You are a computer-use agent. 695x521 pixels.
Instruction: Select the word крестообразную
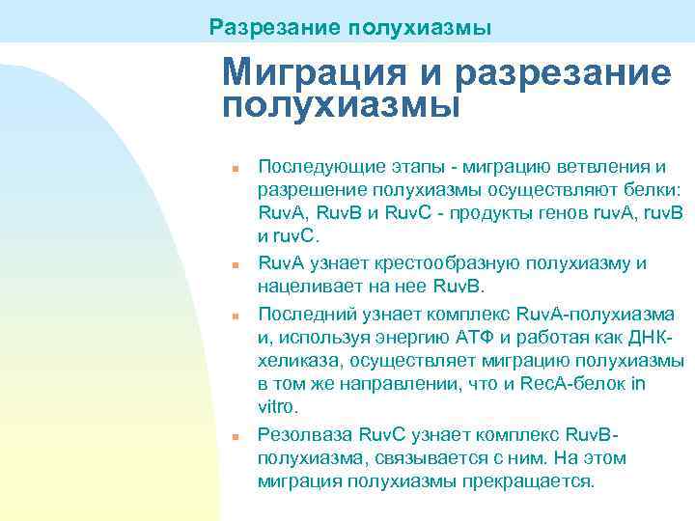(x=438, y=264)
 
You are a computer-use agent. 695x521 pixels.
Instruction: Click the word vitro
(x=280, y=407)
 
